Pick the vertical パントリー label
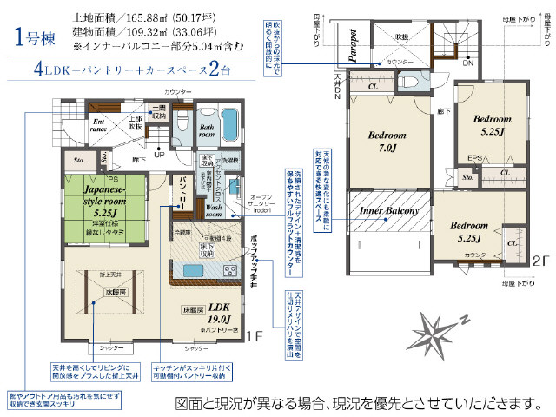pos(184,192)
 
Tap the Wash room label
pos(216,211)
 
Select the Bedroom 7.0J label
pos(387,142)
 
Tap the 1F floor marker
pos(253,335)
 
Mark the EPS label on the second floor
pos(474,158)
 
